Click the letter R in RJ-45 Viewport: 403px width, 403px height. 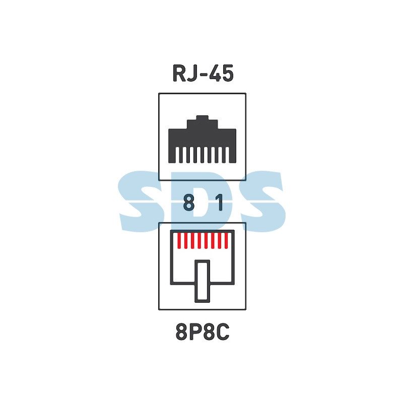179,73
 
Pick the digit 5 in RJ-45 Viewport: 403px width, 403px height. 228,74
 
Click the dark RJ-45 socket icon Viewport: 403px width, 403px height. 203,140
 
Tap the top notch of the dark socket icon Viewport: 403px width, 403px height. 203,118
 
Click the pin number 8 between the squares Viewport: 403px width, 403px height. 189,203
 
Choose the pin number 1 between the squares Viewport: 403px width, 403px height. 219,203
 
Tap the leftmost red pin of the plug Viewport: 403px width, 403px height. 179,241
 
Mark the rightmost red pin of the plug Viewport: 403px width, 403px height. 226,241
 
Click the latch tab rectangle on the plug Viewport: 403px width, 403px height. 203,281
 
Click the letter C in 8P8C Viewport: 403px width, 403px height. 223,332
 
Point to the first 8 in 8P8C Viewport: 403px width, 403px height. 182,332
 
